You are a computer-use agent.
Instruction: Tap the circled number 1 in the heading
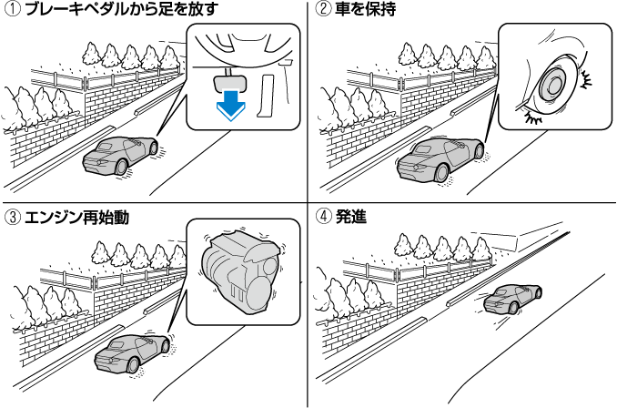pyautogui.click(x=12, y=12)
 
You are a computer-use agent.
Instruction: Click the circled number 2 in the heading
pyautogui.click(x=322, y=12)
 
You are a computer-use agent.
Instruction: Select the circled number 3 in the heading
pyautogui.click(x=12, y=219)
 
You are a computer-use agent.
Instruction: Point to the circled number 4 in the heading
pyautogui.click(x=322, y=219)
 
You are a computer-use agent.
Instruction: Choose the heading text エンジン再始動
pyautogui.click(x=75, y=219)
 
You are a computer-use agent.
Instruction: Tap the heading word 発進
pyautogui.click(x=350, y=219)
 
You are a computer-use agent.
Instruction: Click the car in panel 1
pyautogui.click(x=120, y=155)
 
